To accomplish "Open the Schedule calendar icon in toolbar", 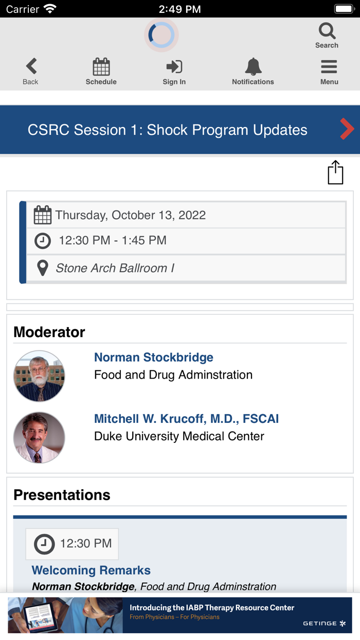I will click(101, 67).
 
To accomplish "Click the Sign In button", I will click(174, 67).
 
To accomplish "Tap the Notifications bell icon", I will click(253, 67).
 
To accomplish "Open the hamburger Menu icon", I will click(329, 67).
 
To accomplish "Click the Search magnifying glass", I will click(327, 31).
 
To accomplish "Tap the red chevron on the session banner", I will click(347, 129).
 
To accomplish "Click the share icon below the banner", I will click(335, 172).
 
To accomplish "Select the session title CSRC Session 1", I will click(167, 130).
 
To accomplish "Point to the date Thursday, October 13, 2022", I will click(131, 215).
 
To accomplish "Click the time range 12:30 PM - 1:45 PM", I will click(113, 240).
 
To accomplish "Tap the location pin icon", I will click(43, 268).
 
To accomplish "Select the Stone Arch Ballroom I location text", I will click(115, 268).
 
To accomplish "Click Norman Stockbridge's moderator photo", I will click(39, 376).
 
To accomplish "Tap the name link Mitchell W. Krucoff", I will click(186, 419).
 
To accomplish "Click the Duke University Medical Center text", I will click(179, 436).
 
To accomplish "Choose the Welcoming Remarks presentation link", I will click(91, 570).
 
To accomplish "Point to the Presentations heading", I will click(62, 495).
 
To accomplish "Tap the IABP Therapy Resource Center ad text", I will click(212, 608).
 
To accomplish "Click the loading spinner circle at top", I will click(161, 35).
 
